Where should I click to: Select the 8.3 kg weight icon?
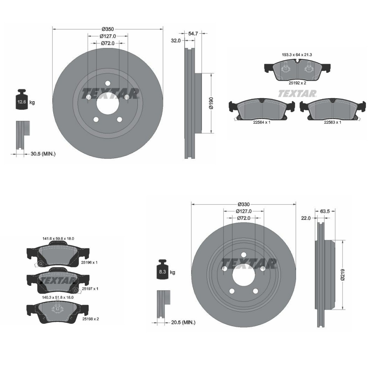coord(162,270)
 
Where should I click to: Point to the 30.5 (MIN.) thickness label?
coord(43,154)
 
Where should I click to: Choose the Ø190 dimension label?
coord(211,103)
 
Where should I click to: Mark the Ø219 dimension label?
coord(342,275)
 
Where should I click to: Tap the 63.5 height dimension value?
coord(325,211)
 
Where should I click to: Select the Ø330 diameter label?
coord(243,204)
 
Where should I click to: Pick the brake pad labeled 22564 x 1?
coord(262,109)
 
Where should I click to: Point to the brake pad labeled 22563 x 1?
coord(333,109)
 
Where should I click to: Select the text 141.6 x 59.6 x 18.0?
coord(58,238)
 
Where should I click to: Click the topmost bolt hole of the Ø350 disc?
coord(108,83)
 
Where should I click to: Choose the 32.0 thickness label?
coord(176,41)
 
